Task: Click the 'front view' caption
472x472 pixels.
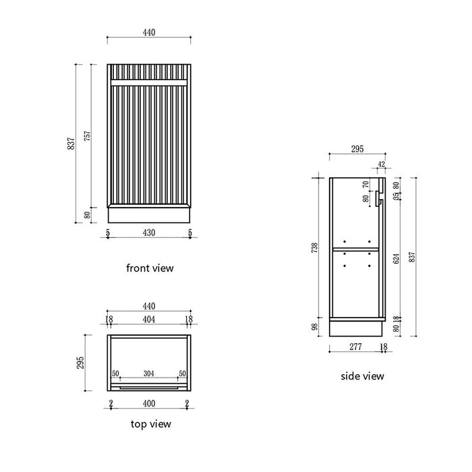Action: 150,268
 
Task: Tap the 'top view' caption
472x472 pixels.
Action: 150,424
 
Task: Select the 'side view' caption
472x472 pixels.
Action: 362,376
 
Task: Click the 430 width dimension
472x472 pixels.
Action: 149,233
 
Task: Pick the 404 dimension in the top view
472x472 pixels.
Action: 149,319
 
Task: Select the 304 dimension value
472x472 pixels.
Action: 149,373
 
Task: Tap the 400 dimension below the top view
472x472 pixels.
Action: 149,403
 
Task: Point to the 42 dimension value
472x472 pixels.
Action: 381,164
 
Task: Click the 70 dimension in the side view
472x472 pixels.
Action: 366,183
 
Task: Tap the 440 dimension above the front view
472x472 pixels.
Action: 149,30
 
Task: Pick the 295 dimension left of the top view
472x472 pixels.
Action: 81,363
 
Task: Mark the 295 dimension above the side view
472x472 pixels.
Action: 357,150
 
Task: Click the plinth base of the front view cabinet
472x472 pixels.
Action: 149,215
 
